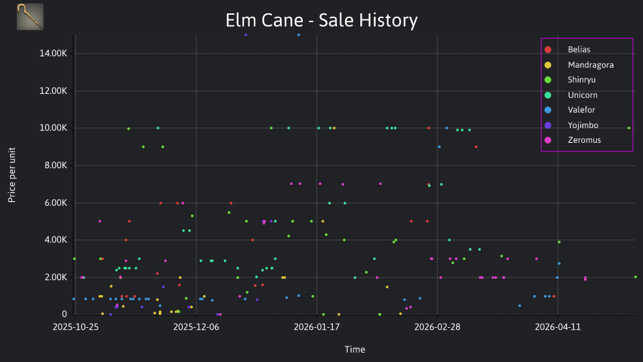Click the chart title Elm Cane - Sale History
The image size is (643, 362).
[x=321, y=20]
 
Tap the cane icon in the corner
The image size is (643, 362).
[x=30, y=17]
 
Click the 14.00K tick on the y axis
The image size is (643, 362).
[x=53, y=54]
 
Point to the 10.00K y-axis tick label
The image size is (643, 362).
[x=53, y=128]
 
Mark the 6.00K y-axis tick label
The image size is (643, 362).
[x=56, y=202]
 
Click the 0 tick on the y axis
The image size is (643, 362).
[x=64, y=314]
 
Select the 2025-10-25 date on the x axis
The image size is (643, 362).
[x=76, y=327]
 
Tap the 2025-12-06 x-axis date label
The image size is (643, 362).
[x=196, y=327]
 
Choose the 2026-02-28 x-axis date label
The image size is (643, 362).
[x=437, y=327]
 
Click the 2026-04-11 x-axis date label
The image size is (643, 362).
[x=558, y=327]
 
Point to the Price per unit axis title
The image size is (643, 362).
[x=11, y=175]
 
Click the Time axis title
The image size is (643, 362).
[x=355, y=349]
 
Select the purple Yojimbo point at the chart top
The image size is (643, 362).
[x=246, y=35]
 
